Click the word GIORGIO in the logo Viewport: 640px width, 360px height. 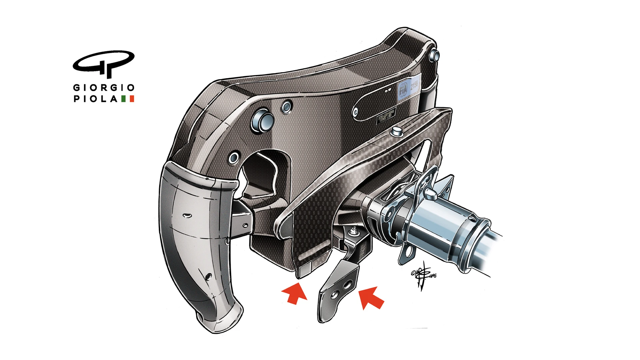pos(104,88)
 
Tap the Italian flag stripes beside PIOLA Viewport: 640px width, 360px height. pos(128,99)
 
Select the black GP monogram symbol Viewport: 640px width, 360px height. pos(104,64)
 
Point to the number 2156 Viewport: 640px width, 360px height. pos(414,85)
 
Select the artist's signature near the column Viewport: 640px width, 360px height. pos(423,275)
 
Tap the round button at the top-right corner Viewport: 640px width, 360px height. pos(435,56)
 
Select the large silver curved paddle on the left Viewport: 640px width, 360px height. pos(197,243)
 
